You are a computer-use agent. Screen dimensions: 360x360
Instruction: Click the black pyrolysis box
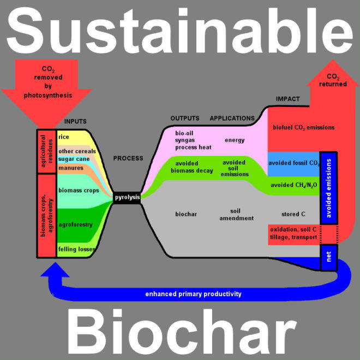coord(127,197)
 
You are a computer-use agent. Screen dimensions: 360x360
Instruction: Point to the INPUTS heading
coord(75,121)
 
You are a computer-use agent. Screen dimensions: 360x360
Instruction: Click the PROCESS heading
coord(128,159)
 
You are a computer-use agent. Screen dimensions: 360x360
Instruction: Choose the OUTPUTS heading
coord(185,118)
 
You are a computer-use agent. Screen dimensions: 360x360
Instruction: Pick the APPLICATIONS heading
coord(232,118)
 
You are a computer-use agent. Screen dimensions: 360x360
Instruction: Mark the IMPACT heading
coord(287,99)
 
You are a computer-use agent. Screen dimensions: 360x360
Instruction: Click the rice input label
coord(64,137)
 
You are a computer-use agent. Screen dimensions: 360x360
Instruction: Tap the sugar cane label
coord(74,159)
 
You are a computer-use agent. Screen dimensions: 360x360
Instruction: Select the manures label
coord(70,169)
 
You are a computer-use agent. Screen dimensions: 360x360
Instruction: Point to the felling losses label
coord(77,249)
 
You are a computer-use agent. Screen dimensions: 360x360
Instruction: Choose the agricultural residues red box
coord(46,152)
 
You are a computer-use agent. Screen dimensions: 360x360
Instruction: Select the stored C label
coord(293,214)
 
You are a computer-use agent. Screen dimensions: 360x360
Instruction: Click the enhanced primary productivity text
coord(193,294)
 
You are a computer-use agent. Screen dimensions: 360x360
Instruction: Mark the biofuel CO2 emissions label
coord(303,128)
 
